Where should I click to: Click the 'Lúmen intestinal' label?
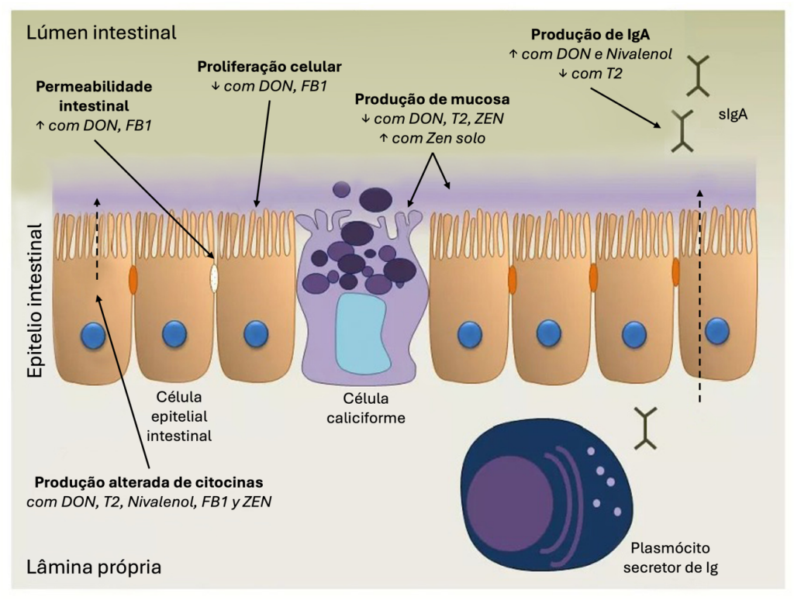(x=102, y=33)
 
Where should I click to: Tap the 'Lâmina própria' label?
(x=95, y=567)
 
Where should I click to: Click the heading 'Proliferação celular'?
(x=269, y=66)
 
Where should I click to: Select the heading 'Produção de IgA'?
(x=589, y=36)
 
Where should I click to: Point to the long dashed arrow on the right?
(x=700, y=295)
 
